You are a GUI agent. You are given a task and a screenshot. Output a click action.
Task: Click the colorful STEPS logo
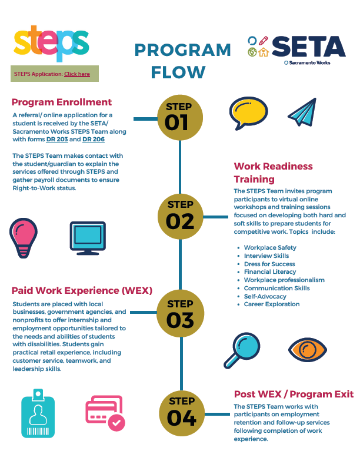51,42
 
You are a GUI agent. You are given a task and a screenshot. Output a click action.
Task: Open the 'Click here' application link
77,74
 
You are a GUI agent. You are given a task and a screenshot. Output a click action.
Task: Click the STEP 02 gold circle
179,215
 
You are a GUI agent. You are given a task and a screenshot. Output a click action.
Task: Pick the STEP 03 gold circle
179,314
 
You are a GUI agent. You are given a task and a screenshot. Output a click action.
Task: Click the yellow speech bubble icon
248,113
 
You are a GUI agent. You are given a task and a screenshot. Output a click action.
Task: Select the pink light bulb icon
24,236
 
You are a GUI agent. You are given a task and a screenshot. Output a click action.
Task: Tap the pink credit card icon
105,413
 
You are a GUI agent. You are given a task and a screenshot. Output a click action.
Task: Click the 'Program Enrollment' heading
62,102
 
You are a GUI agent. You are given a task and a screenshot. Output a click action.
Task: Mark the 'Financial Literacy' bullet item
269,272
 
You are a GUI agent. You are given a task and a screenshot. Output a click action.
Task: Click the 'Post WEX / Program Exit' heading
294,394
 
